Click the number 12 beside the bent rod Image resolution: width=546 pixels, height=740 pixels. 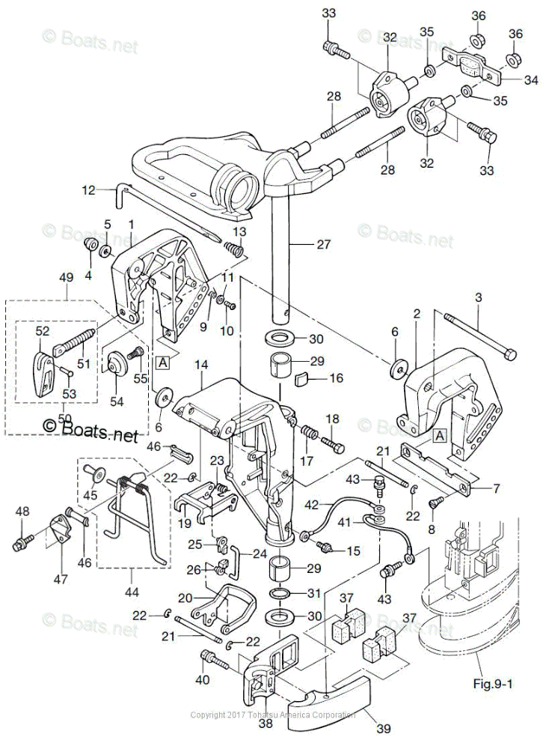point(89,190)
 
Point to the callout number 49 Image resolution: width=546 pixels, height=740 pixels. point(67,277)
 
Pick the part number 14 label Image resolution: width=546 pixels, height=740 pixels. point(200,365)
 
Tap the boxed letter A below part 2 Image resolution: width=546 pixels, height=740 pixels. point(440,434)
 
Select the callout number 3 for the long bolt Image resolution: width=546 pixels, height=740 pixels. point(479,297)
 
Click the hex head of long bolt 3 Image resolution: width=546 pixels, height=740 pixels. point(510,352)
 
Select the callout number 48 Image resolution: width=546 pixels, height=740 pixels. point(23,512)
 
